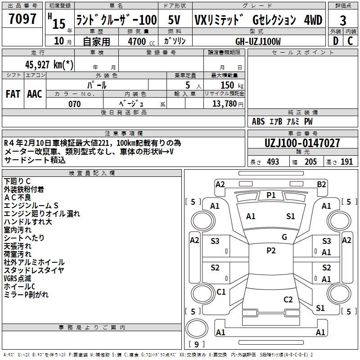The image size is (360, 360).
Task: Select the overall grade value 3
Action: click(x=343, y=21)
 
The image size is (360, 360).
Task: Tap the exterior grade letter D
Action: click(x=335, y=40)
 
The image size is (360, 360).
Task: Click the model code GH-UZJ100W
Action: click(x=258, y=41)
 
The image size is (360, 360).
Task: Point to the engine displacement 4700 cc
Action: click(x=136, y=41)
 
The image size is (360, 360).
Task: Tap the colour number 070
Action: click(x=74, y=104)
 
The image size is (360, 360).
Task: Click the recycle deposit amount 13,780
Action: click(x=228, y=104)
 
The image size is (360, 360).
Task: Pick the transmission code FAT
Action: click(x=13, y=94)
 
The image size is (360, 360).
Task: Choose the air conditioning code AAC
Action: click(x=35, y=94)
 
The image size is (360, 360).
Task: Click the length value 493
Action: click(x=273, y=162)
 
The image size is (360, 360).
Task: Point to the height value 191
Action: click(x=346, y=162)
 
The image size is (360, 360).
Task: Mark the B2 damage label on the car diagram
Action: click(x=321, y=184)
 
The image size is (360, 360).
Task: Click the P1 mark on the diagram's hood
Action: click(x=271, y=195)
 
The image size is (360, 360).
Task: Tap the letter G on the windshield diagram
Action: click(x=284, y=237)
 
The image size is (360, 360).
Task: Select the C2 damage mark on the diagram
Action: click(x=288, y=300)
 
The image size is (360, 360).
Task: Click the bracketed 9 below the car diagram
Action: click(x=196, y=344)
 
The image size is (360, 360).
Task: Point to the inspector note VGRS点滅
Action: click(x=18, y=278)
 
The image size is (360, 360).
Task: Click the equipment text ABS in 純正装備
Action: click(x=258, y=121)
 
